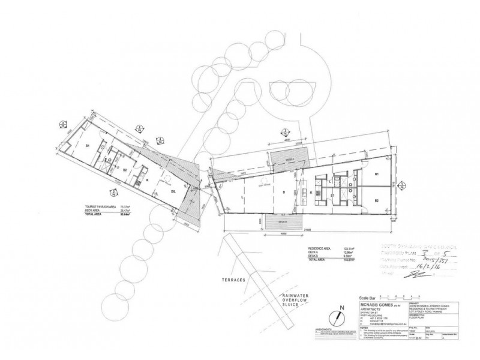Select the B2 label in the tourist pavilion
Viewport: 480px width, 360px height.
[124, 170]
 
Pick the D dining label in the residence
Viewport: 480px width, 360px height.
[283, 193]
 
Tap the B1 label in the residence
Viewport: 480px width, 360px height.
[377, 175]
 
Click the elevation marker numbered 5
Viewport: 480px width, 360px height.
[115, 191]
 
